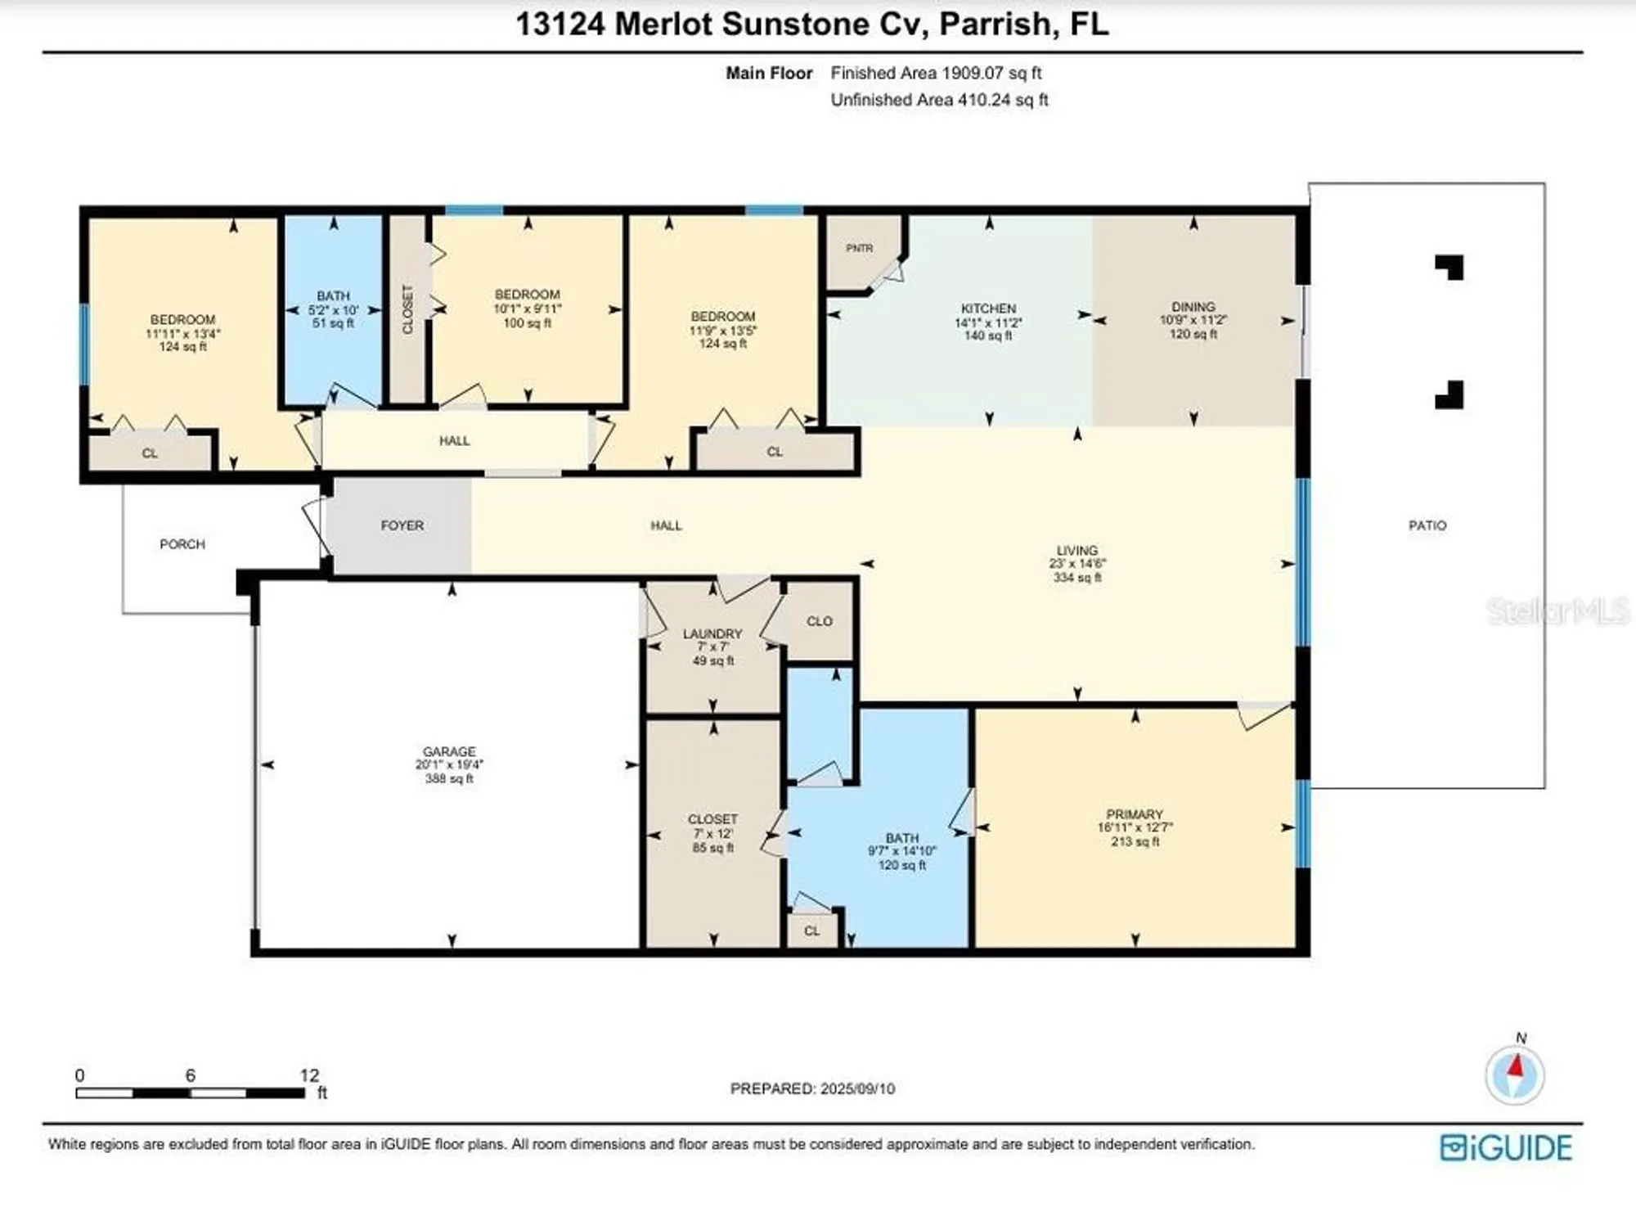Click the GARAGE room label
(449, 752)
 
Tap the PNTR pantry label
(859, 248)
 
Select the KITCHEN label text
(988, 309)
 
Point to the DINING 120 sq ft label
(1193, 320)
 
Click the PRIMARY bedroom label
(1134, 814)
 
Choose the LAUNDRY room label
(712, 633)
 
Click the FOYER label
(402, 525)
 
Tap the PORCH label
(182, 544)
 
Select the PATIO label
(1427, 525)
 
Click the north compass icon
(1515, 1074)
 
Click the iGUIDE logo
(1505, 1147)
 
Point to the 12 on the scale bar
(309, 1075)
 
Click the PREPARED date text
(812, 1088)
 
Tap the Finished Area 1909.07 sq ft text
(936, 73)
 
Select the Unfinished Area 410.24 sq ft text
(939, 100)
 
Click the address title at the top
(811, 25)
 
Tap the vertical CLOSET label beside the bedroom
(407, 309)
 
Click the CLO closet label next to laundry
(819, 621)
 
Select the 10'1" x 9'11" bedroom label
(527, 309)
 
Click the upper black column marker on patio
(1449, 268)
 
